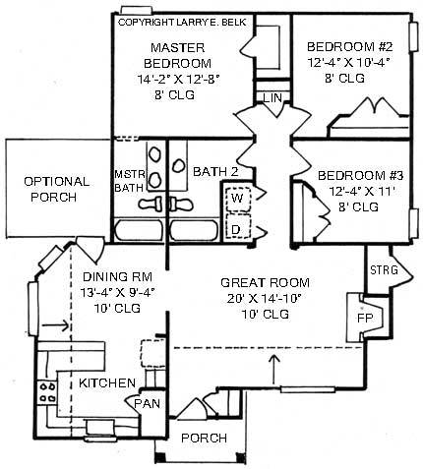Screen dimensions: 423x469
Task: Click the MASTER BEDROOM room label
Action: tap(177, 55)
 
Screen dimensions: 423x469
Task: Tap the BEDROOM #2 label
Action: tap(349, 46)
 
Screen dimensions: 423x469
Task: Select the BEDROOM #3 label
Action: tap(360, 176)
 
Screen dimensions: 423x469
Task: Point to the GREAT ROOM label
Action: tap(265, 282)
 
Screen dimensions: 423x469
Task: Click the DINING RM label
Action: tap(117, 277)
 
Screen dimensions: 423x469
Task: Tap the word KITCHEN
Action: tap(107, 382)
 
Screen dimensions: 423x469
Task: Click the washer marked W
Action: tap(238, 199)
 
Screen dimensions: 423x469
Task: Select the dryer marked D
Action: tap(238, 226)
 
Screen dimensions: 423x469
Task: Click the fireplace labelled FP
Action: tap(365, 318)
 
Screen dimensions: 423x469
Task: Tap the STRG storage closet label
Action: tap(384, 270)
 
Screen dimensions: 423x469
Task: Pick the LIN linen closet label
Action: tap(272, 97)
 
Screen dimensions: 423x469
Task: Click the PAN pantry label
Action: tap(148, 403)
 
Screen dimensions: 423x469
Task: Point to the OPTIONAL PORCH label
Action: tap(56, 190)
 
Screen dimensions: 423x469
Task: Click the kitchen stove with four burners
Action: tap(47, 392)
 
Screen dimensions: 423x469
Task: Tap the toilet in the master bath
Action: tap(151, 204)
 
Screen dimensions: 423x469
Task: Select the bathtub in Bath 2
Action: tap(194, 230)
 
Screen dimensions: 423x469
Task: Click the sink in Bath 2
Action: tap(179, 165)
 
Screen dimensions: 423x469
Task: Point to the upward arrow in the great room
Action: tap(274, 370)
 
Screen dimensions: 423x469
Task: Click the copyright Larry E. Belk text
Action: tap(182, 23)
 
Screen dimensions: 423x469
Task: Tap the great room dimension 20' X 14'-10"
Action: tap(264, 298)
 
